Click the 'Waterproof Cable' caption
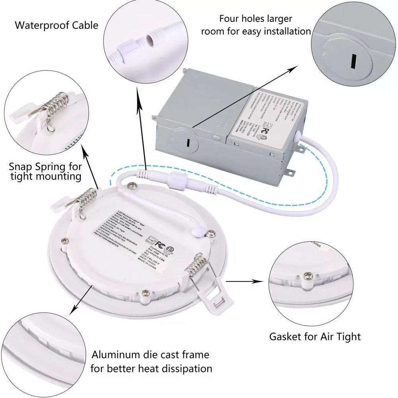point(56,26)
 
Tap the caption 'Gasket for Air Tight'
point(315,336)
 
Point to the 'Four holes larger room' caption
point(256,25)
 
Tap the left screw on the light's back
point(64,240)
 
